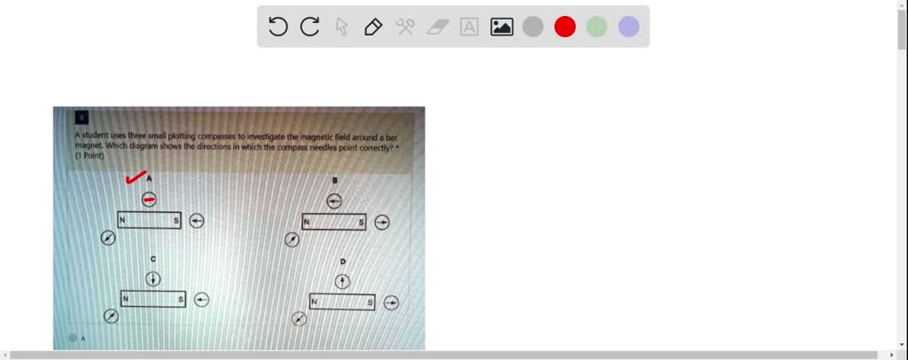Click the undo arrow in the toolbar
click(x=278, y=27)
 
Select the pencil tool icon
click(x=373, y=27)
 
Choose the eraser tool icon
click(x=438, y=27)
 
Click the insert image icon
click(x=502, y=27)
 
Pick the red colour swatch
click(x=565, y=27)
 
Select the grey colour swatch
click(x=533, y=27)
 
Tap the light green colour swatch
click(x=597, y=27)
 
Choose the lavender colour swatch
click(x=629, y=27)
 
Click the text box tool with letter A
click(x=469, y=27)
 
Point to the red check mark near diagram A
click(x=136, y=179)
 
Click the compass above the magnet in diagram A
click(x=149, y=200)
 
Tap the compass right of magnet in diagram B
click(x=381, y=222)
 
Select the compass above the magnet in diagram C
click(x=153, y=278)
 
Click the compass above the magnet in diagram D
click(x=343, y=281)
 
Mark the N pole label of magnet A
click(x=123, y=220)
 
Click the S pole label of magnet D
click(x=370, y=302)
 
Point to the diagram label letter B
click(x=334, y=181)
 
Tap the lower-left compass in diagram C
click(x=112, y=317)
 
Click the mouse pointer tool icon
click(x=341, y=27)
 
